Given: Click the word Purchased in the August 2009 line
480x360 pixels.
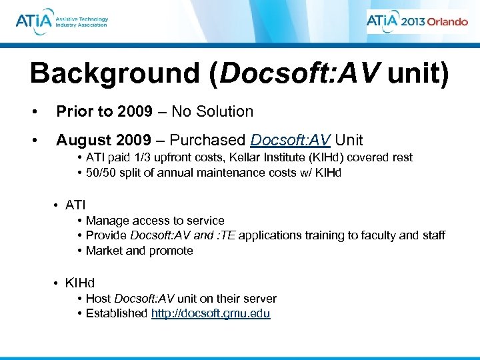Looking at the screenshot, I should pos(209,140).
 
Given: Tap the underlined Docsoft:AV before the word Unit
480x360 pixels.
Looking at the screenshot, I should pos(290,140).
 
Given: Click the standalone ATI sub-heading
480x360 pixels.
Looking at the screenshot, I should pos(75,205).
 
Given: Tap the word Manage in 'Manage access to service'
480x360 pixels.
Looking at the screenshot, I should pos(105,220).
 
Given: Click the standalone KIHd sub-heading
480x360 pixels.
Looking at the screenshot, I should pos(80,283).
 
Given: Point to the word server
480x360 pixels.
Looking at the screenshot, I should pos(260,299).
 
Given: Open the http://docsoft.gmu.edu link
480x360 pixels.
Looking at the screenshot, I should pos(211,314).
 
